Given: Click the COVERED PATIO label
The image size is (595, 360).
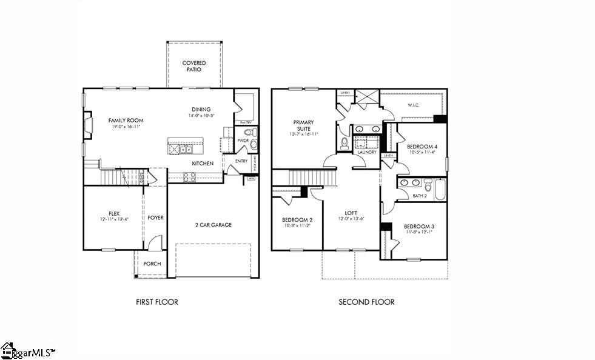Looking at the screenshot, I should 194,66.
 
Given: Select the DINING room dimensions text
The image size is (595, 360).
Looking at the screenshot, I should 202,115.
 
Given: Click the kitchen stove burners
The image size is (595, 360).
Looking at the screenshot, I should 189,177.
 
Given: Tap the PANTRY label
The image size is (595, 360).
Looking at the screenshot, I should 245,122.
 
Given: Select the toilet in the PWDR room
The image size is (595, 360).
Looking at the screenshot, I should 253,144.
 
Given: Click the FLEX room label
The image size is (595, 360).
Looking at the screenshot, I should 114,213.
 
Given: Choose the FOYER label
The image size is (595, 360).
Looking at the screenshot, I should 156,218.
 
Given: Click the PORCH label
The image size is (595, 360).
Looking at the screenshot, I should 152,264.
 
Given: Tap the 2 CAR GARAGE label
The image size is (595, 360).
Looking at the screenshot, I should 213,225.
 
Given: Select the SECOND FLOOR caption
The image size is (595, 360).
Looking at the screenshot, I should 366,302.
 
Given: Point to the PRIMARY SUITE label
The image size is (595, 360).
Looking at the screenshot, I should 304,125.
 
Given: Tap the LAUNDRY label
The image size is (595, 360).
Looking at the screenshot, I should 368,152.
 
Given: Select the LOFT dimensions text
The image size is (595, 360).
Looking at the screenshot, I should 351,219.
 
